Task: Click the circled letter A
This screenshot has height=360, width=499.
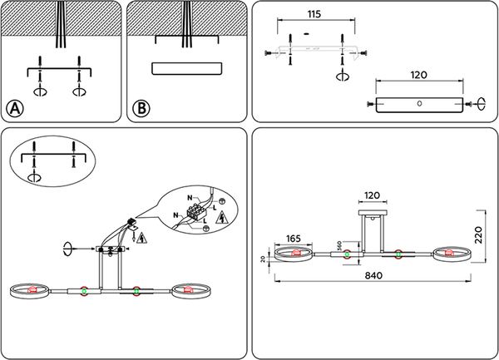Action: [x=16, y=108]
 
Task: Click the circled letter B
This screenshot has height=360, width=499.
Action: [x=141, y=108]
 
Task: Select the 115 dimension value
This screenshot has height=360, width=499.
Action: [x=314, y=15]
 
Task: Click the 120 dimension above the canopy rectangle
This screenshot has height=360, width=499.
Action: [x=418, y=74]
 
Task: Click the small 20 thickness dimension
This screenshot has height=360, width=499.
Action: [x=264, y=260]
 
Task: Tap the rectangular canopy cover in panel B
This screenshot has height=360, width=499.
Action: [x=187, y=68]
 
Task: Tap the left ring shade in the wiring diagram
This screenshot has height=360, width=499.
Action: [x=32, y=290]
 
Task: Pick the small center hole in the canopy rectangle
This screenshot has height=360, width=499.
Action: [x=419, y=104]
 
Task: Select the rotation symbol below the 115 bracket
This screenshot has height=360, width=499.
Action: [x=341, y=76]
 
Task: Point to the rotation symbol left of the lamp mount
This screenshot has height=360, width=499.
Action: [x=69, y=247]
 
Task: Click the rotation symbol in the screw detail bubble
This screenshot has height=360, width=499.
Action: [x=34, y=176]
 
